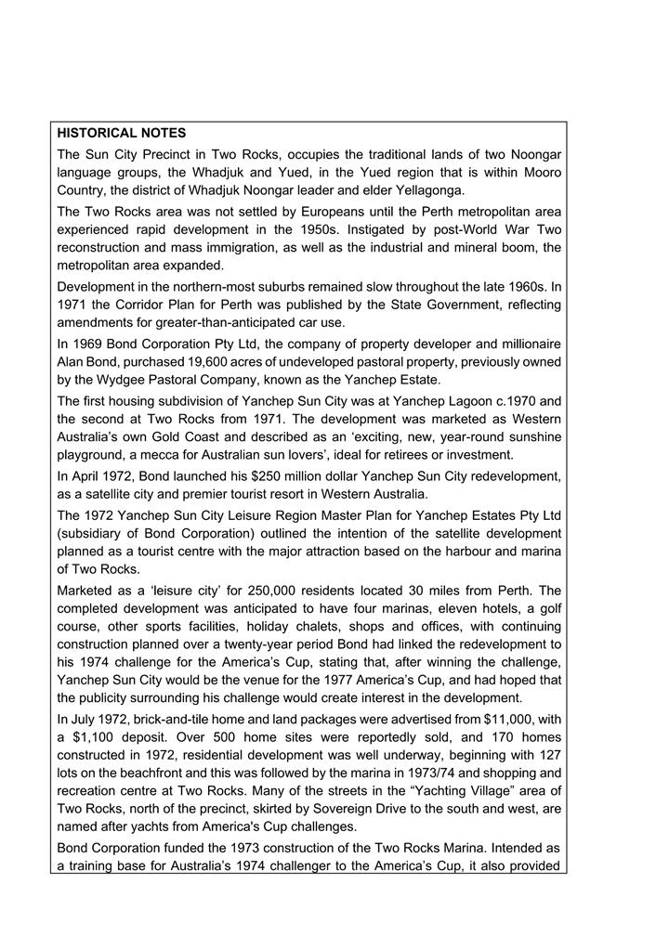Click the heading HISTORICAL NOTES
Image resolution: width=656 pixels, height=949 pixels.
[121, 134]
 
